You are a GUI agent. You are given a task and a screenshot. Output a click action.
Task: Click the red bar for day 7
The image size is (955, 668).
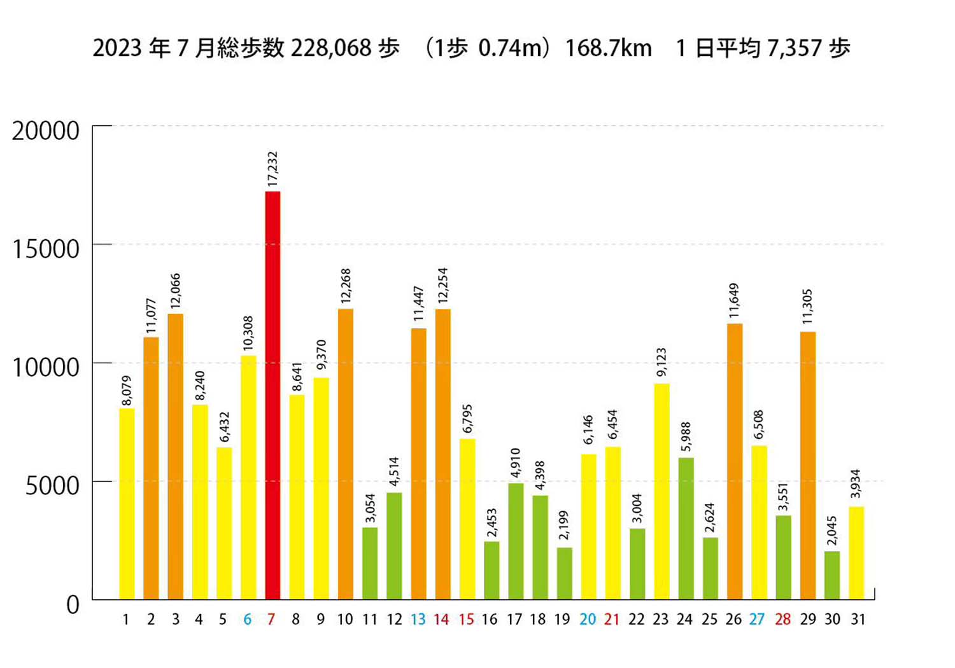coord(272,394)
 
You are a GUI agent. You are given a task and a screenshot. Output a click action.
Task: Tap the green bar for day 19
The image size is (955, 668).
coord(564,573)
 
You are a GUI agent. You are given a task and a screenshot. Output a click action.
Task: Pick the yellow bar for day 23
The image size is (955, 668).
coord(661,491)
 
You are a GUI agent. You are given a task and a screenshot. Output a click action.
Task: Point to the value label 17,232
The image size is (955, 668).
coord(273,169)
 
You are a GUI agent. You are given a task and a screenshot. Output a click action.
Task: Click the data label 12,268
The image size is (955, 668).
coord(346,286)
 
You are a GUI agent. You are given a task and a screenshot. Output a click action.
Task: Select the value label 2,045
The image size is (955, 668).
coord(832,531)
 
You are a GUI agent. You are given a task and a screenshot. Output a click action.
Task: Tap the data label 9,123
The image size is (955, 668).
coord(661,362)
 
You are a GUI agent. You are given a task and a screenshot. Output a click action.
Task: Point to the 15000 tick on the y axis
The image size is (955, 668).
coord(46,249)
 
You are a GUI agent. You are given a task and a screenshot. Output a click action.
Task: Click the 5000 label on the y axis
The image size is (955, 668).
coord(52,485)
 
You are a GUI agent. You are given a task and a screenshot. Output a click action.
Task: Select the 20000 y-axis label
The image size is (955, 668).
coord(46,130)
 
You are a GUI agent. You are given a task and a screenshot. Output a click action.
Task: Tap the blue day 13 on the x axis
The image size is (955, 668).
coord(418,620)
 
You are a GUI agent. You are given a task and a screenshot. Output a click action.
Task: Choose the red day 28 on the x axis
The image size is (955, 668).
coord(782,620)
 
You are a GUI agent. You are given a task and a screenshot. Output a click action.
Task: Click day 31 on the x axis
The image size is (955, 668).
coord(858,620)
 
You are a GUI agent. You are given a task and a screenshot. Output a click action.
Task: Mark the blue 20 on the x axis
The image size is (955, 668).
coord(588,620)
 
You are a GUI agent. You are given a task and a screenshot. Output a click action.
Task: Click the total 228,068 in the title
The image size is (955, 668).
coord(330,48)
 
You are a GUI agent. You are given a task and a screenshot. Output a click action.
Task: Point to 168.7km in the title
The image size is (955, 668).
coord(608,48)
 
